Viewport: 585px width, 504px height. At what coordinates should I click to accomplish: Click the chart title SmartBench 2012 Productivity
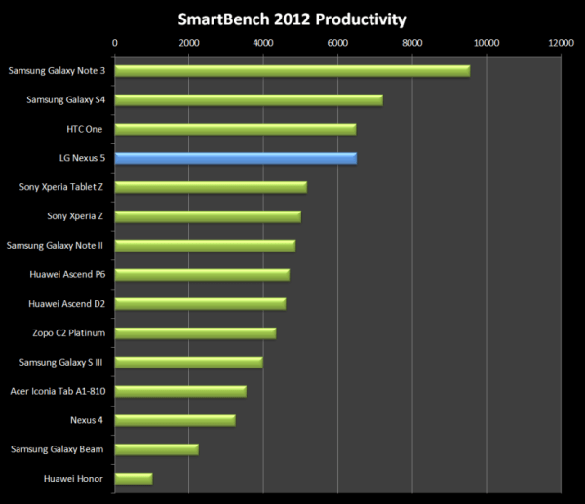pyautogui.click(x=292, y=19)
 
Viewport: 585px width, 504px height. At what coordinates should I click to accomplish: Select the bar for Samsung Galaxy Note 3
pyautogui.click(x=292, y=70)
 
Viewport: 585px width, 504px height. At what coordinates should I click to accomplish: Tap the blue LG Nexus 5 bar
pyautogui.click(x=236, y=158)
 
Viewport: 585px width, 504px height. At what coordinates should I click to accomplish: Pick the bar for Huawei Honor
pyautogui.click(x=134, y=479)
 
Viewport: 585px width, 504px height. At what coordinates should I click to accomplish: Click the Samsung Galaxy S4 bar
pyautogui.click(x=249, y=99)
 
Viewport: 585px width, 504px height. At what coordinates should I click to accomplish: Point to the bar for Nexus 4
pyautogui.click(x=175, y=420)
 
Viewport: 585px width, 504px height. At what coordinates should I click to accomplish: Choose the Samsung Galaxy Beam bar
pyautogui.click(x=157, y=449)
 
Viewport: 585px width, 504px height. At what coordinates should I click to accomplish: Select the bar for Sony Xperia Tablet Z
pyautogui.click(x=211, y=187)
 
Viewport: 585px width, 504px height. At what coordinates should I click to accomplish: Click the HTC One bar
pyautogui.click(x=236, y=129)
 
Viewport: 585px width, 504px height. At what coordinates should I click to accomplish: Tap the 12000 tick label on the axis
pyautogui.click(x=560, y=43)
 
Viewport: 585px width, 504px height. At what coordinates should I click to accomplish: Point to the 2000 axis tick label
pyautogui.click(x=189, y=43)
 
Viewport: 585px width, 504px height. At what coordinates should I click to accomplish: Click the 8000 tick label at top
pyautogui.click(x=411, y=43)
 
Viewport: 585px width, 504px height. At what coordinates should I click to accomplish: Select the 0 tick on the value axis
pyautogui.click(x=115, y=43)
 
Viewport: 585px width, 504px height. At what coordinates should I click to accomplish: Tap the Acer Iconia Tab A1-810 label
pyautogui.click(x=58, y=391)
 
